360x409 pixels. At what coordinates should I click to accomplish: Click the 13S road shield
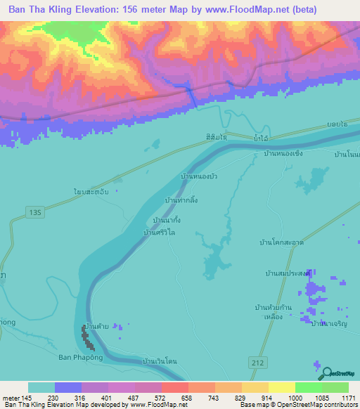[37, 211]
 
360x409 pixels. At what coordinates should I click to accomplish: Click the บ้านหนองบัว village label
[198, 176]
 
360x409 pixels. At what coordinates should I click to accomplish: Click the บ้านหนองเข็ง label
[283, 153]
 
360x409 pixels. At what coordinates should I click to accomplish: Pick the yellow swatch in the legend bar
[281, 387]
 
